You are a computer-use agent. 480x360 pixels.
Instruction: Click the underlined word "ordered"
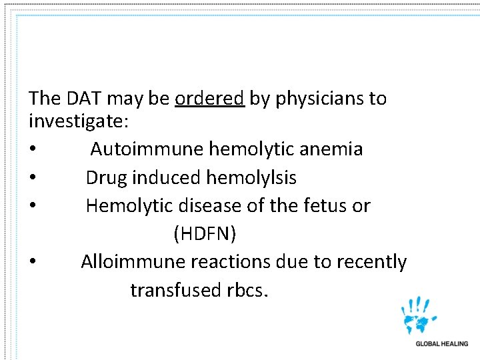[x=209, y=99]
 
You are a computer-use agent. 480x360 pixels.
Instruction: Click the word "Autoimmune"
[x=147, y=149]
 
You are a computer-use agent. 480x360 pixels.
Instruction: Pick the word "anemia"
[x=331, y=149]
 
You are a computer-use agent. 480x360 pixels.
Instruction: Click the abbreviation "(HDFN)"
[x=205, y=234]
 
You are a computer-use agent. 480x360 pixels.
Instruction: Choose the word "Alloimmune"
[x=133, y=262]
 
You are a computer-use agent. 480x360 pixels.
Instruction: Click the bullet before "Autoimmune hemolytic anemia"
[x=33, y=149]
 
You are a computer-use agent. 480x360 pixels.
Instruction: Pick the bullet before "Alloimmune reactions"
[x=33, y=263]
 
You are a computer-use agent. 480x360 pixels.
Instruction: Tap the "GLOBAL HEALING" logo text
[x=442, y=344]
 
